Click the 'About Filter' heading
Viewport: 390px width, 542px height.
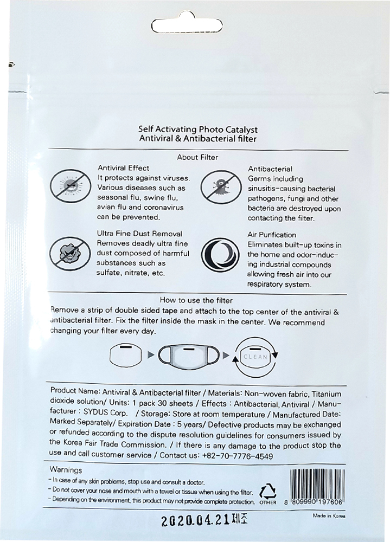pos(197,158)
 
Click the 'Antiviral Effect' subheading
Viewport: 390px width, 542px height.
pos(123,168)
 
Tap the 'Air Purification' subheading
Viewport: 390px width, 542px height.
pos(272,235)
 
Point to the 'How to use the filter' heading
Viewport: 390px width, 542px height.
pos(196,300)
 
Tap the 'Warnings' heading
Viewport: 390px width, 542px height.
pos(66,470)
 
